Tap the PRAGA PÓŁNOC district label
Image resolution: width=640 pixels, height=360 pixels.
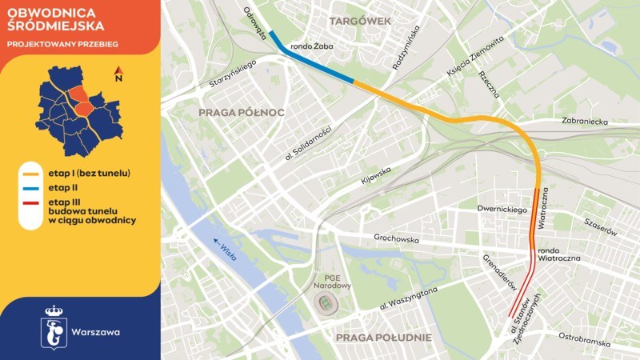point(242,113)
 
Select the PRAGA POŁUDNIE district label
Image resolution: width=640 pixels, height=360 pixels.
point(384,338)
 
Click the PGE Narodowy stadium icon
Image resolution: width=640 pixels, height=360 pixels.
point(326,304)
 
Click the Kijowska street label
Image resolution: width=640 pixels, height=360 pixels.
point(376,174)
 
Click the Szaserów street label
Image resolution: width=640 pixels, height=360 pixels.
point(601,226)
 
